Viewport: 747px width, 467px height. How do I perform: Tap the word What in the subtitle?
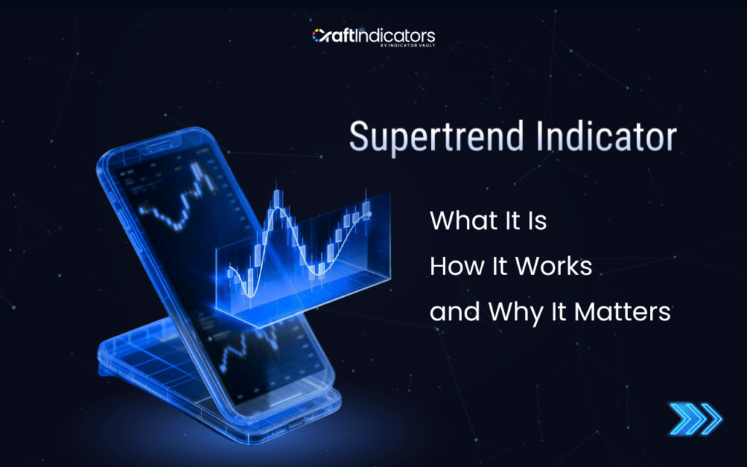(x=458, y=220)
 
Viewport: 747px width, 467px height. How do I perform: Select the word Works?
(x=554, y=266)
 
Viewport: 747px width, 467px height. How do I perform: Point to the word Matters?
(x=622, y=312)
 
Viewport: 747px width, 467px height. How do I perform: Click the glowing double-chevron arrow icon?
(x=695, y=418)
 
